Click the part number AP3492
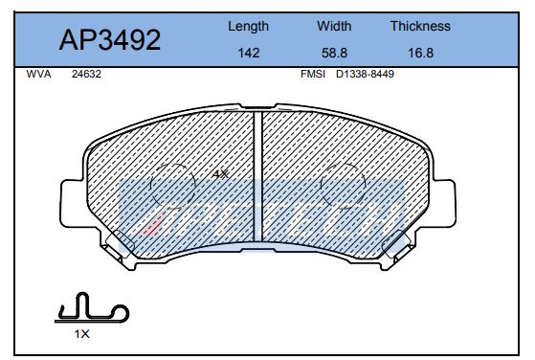[x=110, y=39]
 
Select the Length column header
[x=248, y=27]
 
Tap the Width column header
[x=333, y=27]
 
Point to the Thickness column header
[x=419, y=27]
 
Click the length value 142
[x=248, y=54]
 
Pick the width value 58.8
[x=333, y=54]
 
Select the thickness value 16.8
[x=419, y=54]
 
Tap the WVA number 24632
[x=86, y=73]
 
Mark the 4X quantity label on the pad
[x=219, y=174]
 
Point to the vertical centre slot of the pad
[x=259, y=177]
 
